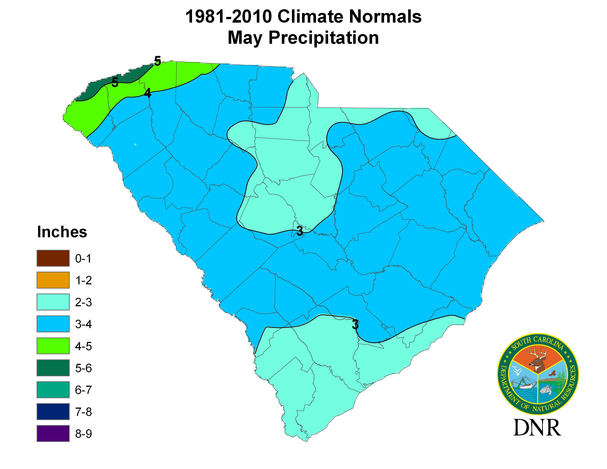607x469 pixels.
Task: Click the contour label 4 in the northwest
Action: coord(148,93)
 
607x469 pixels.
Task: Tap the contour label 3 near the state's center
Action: coord(300,231)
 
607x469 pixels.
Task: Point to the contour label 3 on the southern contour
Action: coord(355,324)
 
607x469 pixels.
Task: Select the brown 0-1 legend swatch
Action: coord(53,258)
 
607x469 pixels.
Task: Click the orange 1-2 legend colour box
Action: coord(53,280)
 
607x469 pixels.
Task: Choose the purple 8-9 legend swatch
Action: coord(53,434)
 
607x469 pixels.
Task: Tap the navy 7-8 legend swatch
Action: coord(53,411)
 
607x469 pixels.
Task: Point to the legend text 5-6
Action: coord(83,368)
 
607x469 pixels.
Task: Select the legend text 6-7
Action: coord(83,390)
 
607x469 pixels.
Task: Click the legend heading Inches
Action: coord(62,232)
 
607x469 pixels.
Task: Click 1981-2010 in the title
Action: coord(228,17)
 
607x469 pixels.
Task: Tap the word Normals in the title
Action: coord(385,17)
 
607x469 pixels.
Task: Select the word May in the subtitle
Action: coord(245,38)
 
